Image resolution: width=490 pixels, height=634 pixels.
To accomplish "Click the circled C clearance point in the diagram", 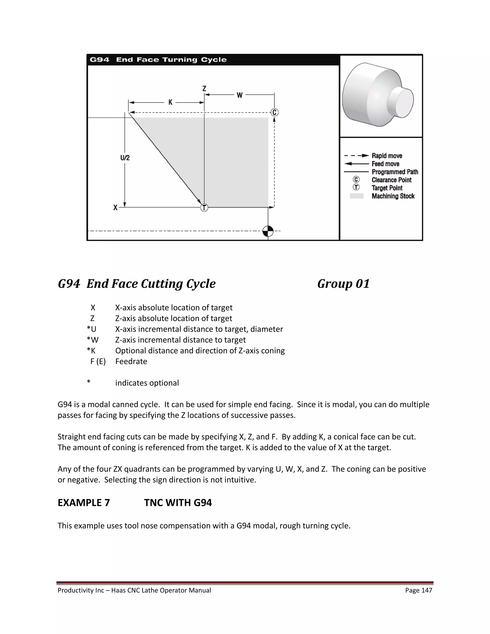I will [x=274, y=112].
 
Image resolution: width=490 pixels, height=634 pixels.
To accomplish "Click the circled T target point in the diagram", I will [x=204, y=208].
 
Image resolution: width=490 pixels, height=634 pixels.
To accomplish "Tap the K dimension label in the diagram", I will [x=170, y=102].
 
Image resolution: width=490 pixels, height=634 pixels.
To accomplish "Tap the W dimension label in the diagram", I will [x=239, y=95].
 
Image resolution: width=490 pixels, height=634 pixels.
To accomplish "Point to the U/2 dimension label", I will [x=125, y=158].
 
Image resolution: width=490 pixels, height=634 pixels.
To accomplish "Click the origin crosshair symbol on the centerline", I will [x=268, y=231].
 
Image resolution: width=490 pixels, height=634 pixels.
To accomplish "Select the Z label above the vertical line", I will [x=204, y=89].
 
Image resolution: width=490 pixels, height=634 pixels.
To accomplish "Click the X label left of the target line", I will [x=116, y=208].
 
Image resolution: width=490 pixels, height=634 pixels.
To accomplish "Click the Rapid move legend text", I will [x=387, y=156].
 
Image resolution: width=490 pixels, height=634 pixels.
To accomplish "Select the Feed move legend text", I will [x=385, y=164].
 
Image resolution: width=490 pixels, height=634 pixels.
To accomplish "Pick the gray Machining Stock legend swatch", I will [x=356, y=196].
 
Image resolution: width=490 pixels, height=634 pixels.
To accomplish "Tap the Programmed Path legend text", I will [x=395, y=172].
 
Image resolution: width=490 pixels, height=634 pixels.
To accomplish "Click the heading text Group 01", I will [x=343, y=284].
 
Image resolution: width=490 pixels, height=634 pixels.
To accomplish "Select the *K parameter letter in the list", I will [x=91, y=351].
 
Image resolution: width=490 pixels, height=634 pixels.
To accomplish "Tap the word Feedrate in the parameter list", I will [x=131, y=361].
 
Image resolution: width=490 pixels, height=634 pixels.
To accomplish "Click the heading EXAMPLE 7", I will [x=84, y=502].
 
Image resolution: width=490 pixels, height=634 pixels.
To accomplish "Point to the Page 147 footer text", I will [x=419, y=590].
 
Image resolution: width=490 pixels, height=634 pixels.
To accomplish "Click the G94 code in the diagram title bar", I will [x=100, y=60].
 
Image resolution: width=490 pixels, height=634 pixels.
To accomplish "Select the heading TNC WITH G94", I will [x=178, y=502].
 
